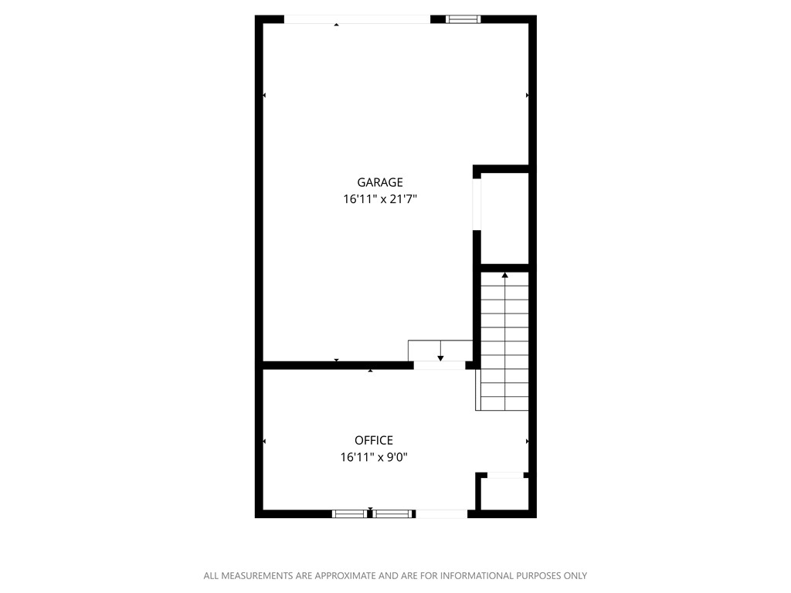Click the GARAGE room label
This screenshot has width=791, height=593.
tap(380, 183)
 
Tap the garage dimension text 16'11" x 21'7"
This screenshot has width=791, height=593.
tap(385, 199)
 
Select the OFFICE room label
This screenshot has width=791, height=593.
tap(374, 440)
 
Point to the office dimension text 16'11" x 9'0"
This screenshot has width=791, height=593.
tap(374, 457)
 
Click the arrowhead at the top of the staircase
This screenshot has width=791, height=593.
tap(505, 274)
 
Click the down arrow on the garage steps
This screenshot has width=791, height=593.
tap(440, 357)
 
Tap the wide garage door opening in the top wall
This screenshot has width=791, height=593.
tap(358, 19)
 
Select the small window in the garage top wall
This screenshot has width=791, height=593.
tap(463, 19)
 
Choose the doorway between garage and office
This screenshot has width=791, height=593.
tap(440, 365)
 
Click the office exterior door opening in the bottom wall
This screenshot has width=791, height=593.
tap(441, 513)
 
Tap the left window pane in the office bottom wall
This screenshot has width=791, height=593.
tap(349, 513)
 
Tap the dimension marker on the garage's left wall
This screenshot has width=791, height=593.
tap(264, 96)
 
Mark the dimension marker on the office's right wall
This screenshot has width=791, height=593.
tap(528, 441)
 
